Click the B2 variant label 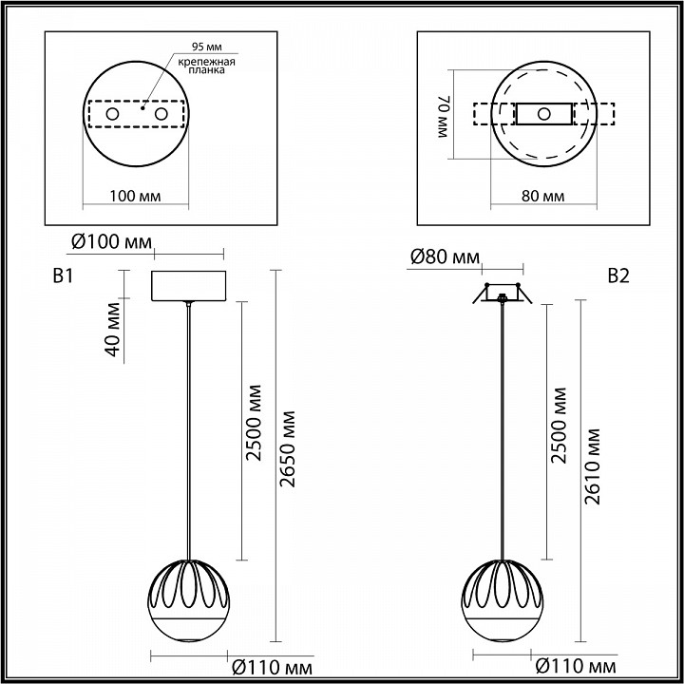pyautogui.click(x=618, y=276)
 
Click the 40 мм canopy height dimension pyautogui.click(x=113, y=329)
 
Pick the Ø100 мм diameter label pyautogui.click(x=111, y=242)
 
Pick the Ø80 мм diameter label pyautogui.click(x=444, y=256)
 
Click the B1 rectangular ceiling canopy pyautogui.click(x=189, y=286)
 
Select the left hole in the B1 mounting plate pyautogui.click(x=112, y=114)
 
